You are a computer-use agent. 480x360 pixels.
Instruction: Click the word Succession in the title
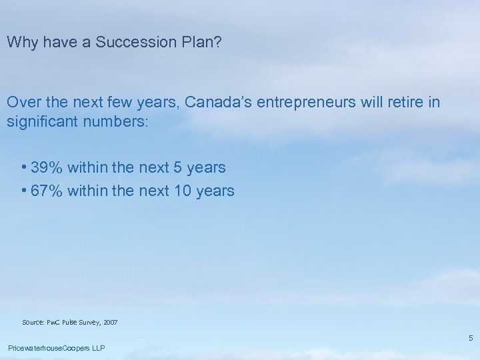point(126,42)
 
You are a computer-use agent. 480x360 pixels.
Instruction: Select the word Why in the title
point(21,42)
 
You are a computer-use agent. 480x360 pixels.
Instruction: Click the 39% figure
point(47,168)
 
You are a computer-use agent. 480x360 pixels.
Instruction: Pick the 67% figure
point(47,191)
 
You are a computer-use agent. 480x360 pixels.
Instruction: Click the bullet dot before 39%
point(24,168)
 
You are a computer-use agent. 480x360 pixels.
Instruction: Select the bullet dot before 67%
point(24,191)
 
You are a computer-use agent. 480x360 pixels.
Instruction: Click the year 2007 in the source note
point(110,322)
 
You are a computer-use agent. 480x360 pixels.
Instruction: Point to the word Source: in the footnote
point(33,322)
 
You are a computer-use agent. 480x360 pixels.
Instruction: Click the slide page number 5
point(470,338)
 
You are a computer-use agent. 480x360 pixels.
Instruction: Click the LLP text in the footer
point(99,348)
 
